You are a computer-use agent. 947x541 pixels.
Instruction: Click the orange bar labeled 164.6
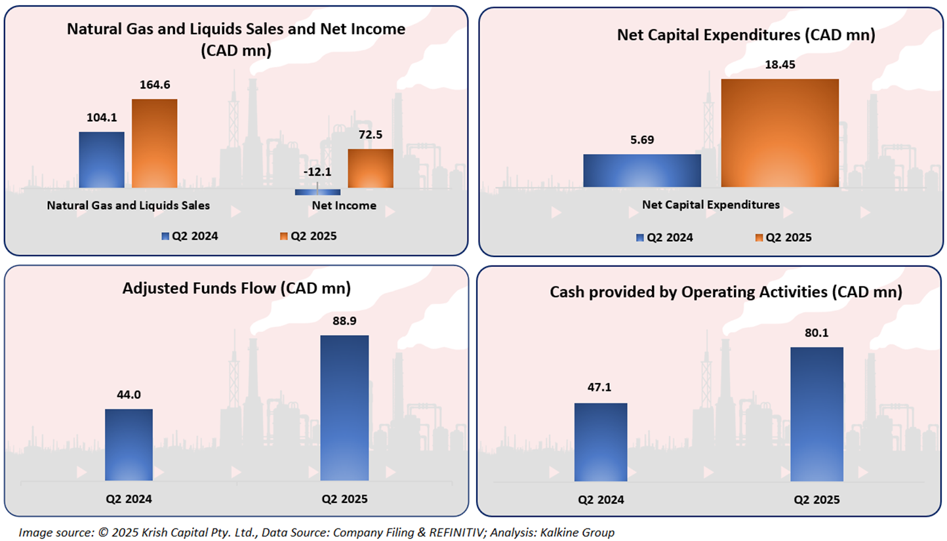[x=155, y=144]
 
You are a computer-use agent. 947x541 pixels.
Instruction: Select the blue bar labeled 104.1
[x=102, y=160]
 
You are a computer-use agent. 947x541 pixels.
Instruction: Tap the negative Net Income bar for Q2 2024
[x=317, y=192]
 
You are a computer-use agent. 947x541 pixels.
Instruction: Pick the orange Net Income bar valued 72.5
[x=371, y=169]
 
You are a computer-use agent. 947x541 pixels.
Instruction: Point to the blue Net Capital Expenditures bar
[x=641, y=170]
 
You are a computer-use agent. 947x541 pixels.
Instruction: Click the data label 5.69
[x=642, y=140]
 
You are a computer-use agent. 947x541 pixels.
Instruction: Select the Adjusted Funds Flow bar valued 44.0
[x=129, y=445]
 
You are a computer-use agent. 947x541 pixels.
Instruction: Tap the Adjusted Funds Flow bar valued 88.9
[x=344, y=408]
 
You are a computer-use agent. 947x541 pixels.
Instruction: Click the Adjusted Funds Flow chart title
[x=236, y=289]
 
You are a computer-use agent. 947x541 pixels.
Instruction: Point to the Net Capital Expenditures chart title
[x=746, y=35]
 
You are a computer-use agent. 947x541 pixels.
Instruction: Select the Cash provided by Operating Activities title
[x=726, y=292]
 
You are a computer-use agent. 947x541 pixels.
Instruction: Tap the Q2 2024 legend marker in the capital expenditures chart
[x=639, y=237]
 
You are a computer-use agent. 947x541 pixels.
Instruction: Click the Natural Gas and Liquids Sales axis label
[x=129, y=205]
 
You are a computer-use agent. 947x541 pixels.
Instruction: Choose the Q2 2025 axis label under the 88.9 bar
[x=344, y=499]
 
